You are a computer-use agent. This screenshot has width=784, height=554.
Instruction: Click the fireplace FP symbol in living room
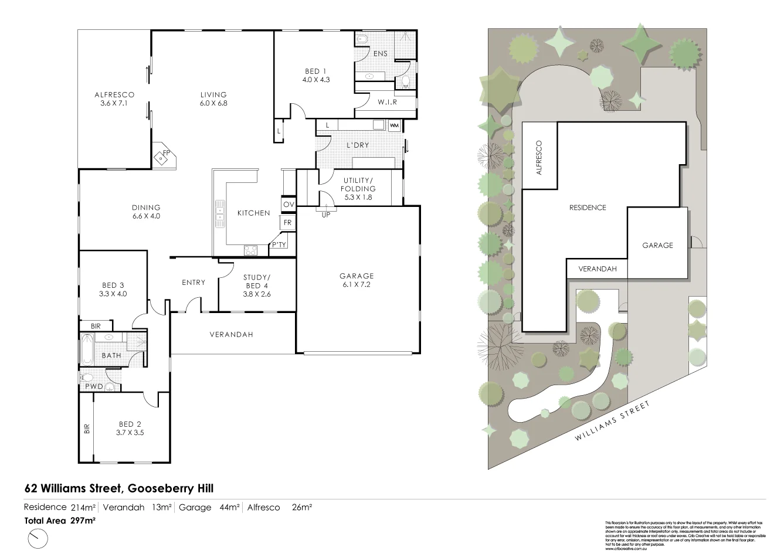(164, 155)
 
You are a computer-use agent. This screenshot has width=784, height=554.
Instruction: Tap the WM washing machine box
(393, 125)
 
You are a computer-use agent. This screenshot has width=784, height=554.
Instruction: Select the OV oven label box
(288, 204)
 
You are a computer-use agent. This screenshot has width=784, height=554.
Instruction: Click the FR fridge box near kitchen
(288, 223)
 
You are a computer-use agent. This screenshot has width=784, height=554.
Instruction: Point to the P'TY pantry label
(278, 245)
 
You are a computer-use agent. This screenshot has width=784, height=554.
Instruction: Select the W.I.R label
(387, 102)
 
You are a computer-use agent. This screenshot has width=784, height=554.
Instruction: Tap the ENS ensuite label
(381, 54)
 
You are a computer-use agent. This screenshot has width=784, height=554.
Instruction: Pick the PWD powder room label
(94, 386)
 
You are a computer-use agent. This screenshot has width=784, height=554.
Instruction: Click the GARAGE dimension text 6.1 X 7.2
(357, 284)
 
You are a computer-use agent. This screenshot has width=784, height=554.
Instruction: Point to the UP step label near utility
(325, 215)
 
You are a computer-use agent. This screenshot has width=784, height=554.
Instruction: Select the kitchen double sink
(220, 212)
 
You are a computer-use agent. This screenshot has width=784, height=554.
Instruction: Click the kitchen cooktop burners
(250, 250)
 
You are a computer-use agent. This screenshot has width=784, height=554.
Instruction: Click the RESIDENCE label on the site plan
(588, 208)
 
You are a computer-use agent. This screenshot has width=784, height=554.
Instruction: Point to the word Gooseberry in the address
(155, 488)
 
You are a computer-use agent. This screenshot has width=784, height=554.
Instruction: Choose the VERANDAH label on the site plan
(598, 269)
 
